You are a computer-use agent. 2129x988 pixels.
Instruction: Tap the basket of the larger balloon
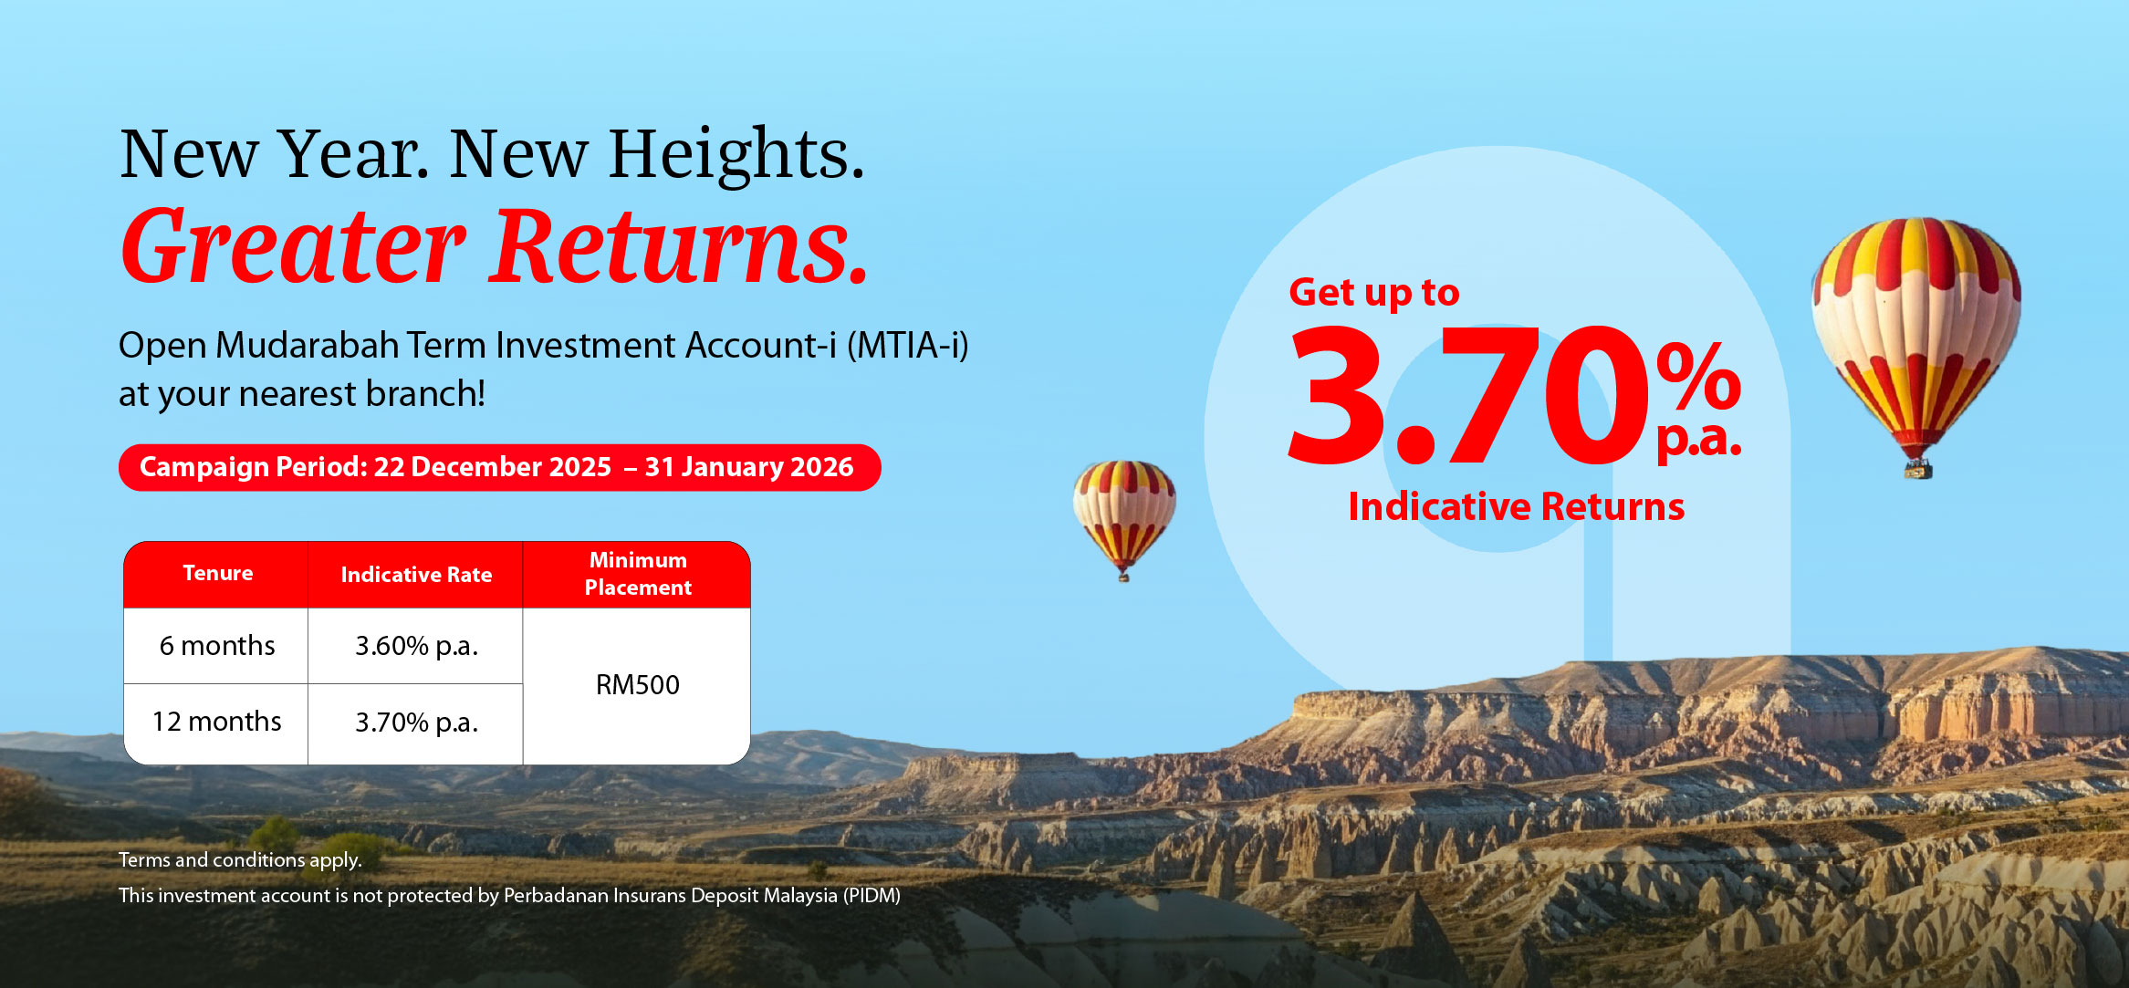(1917, 469)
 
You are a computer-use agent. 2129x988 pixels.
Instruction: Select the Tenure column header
(217, 574)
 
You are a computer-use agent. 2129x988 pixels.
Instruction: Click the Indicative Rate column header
(416, 574)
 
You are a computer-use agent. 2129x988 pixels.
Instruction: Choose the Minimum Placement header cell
(637, 574)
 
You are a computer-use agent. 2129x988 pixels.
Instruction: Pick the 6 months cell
(217, 646)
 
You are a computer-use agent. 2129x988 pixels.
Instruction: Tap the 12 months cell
(217, 723)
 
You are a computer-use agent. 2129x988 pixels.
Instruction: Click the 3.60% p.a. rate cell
(416, 646)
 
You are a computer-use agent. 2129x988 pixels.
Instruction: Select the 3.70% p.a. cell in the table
(416, 723)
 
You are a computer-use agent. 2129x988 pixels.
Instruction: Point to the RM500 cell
(637, 685)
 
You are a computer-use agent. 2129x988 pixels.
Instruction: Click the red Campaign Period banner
(499, 467)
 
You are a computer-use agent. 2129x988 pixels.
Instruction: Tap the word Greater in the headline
(294, 246)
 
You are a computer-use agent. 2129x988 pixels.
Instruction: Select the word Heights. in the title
(736, 155)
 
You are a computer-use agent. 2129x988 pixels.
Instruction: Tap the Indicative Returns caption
(1517, 506)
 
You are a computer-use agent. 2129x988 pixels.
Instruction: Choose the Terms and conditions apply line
(240, 860)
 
